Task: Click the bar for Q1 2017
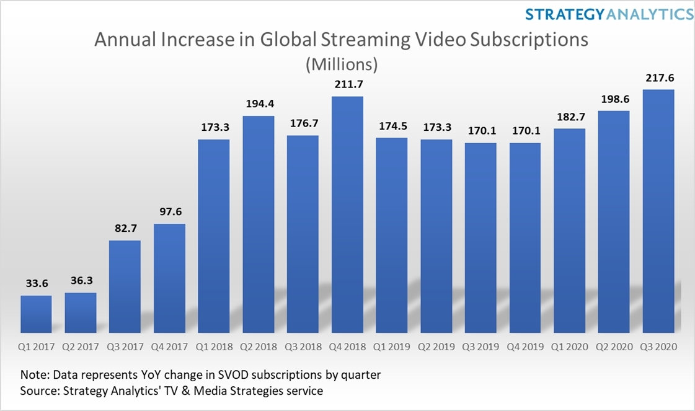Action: click(36, 314)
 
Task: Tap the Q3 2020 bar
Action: click(658, 211)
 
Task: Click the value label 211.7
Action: click(347, 84)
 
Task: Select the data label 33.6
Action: click(36, 283)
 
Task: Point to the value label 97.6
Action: click(169, 211)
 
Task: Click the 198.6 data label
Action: click(614, 99)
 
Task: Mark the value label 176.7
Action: click(303, 123)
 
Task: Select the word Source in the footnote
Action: click(41, 391)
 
